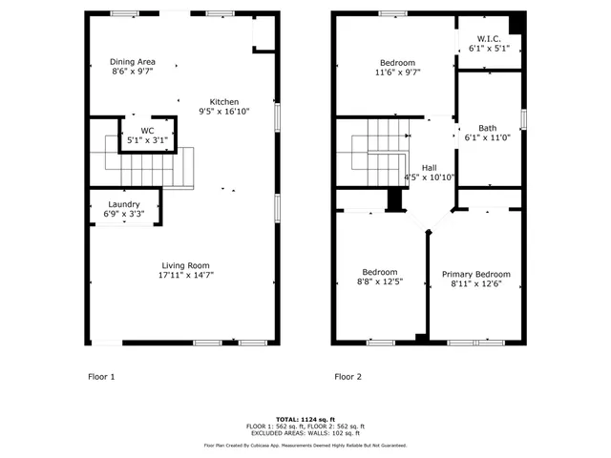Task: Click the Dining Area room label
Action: [132, 61]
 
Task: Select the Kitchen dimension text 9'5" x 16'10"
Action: [224, 112]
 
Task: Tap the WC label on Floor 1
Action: [147, 130]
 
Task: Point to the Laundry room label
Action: [124, 204]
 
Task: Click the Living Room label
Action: [184, 265]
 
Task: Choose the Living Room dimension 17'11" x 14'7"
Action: [184, 276]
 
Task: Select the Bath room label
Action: [487, 128]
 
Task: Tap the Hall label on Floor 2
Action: [430, 167]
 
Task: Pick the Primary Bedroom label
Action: [475, 274]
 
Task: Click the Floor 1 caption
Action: [100, 377]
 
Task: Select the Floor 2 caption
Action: [348, 377]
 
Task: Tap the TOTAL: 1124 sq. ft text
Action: [305, 419]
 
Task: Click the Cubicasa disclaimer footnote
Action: [305, 446]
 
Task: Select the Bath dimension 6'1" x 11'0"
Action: [487, 138]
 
